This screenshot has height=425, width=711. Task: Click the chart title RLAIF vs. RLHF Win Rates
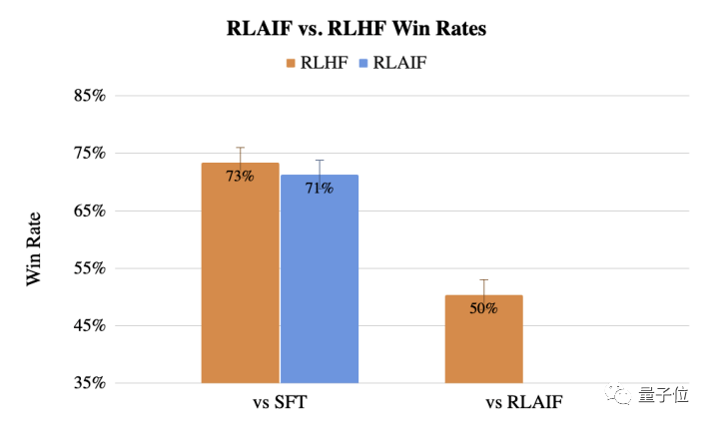(x=356, y=29)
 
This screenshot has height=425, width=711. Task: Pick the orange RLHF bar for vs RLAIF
(x=483, y=344)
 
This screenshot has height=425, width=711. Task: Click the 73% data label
(x=240, y=176)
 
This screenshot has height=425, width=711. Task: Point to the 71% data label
(x=320, y=188)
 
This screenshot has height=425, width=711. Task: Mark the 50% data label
(x=483, y=307)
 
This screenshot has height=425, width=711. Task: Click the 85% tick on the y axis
(x=89, y=97)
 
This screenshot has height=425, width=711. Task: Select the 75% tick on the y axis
(x=89, y=154)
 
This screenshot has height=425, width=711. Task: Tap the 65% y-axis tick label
(x=89, y=212)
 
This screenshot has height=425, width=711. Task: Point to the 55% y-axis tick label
(x=89, y=268)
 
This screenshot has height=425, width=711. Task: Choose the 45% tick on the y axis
(x=89, y=326)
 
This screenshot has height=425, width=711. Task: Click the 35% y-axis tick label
(x=89, y=383)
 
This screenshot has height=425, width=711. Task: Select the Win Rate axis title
(x=34, y=247)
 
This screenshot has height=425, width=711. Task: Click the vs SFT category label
(x=280, y=403)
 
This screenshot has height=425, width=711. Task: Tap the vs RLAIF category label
(x=523, y=403)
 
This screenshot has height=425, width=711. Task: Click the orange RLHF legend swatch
(x=291, y=63)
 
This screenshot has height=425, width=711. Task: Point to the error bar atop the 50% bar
(x=483, y=287)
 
